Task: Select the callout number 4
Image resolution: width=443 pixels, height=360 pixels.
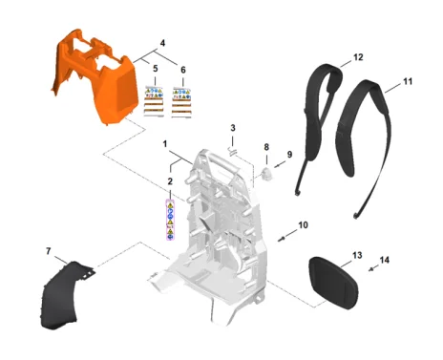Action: tap(162, 43)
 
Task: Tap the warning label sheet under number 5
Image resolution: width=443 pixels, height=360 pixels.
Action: tap(155, 101)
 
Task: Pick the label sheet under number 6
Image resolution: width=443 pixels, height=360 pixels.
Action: tap(182, 102)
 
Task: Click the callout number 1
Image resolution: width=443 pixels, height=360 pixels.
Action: tap(165, 144)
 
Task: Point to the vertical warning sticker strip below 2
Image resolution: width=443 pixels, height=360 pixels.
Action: tap(171, 220)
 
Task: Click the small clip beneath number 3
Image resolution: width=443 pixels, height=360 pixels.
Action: tap(233, 151)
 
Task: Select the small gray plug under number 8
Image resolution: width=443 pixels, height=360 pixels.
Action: tap(266, 174)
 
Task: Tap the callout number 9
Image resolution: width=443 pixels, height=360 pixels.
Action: tap(289, 155)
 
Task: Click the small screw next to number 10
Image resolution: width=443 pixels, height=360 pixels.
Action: tap(281, 239)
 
